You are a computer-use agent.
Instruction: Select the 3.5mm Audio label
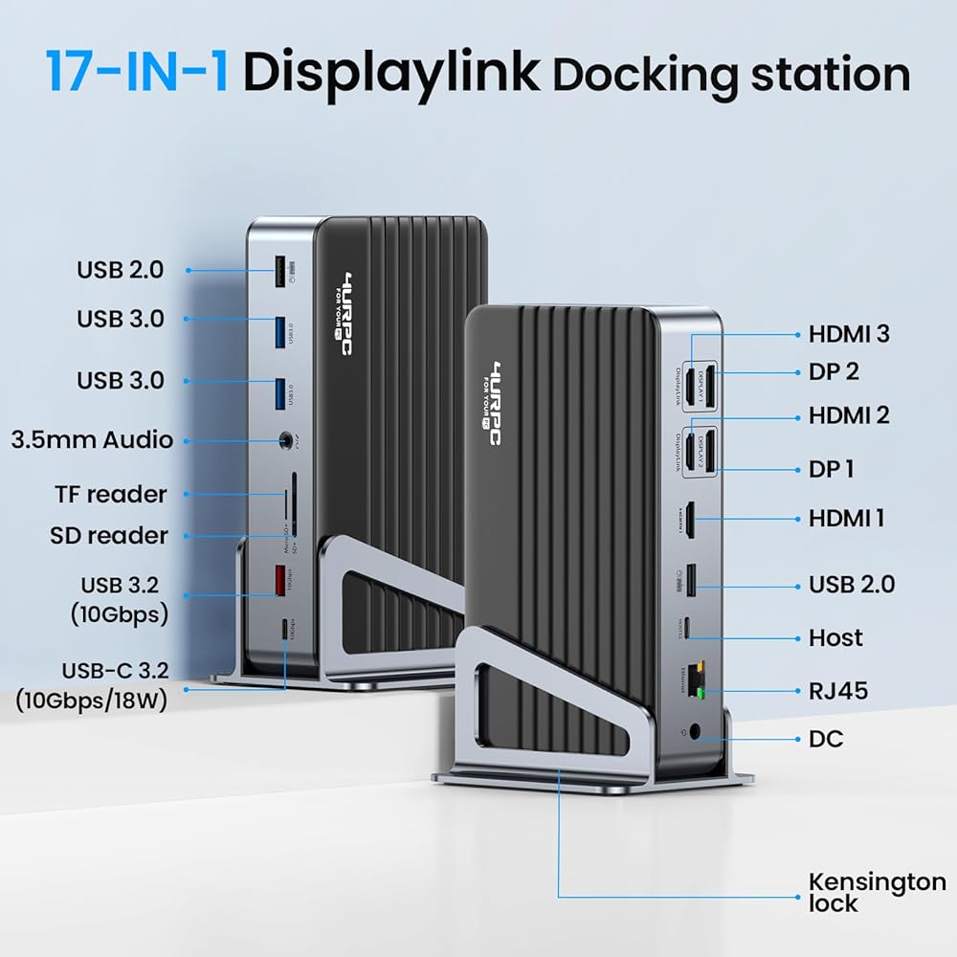pyautogui.click(x=92, y=440)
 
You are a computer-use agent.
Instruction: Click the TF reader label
pyautogui.click(x=111, y=495)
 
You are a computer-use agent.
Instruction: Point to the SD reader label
pyautogui.click(x=109, y=535)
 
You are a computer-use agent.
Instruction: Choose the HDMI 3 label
pyautogui.click(x=849, y=334)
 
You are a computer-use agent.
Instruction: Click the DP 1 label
pyautogui.click(x=831, y=469)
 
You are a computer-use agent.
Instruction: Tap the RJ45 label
pyautogui.click(x=838, y=690)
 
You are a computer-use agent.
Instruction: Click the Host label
pyautogui.click(x=835, y=637)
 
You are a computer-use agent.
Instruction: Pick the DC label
pyautogui.click(x=825, y=739)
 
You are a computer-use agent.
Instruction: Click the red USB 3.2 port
pyautogui.click(x=281, y=579)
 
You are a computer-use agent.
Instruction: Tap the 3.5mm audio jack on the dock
pyautogui.click(x=284, y=441)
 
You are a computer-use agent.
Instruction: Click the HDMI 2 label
pyautogui.click(x=849, y=415)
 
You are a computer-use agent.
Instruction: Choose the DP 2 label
pyautogui.click(x=833, y=371)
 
